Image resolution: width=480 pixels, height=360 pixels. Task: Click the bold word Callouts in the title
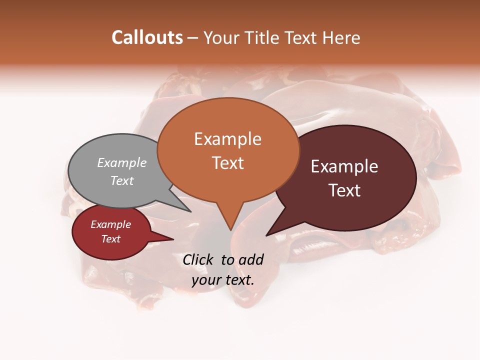tap(147, 37)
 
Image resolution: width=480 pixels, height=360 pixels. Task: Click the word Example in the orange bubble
tap(227, 139)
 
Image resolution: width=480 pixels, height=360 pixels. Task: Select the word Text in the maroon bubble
tap(345, 190)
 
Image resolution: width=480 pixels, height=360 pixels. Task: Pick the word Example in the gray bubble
tap(122, 163)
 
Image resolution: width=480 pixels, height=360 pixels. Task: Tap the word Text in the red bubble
tap(111, 239)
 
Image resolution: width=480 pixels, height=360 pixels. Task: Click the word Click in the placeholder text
tap(199, 259)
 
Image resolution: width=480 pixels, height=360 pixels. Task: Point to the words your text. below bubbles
tap(223, 280)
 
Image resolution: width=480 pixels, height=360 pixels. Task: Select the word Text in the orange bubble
tap(228, 163)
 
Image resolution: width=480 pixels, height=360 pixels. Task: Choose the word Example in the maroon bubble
tap(344, 166)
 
